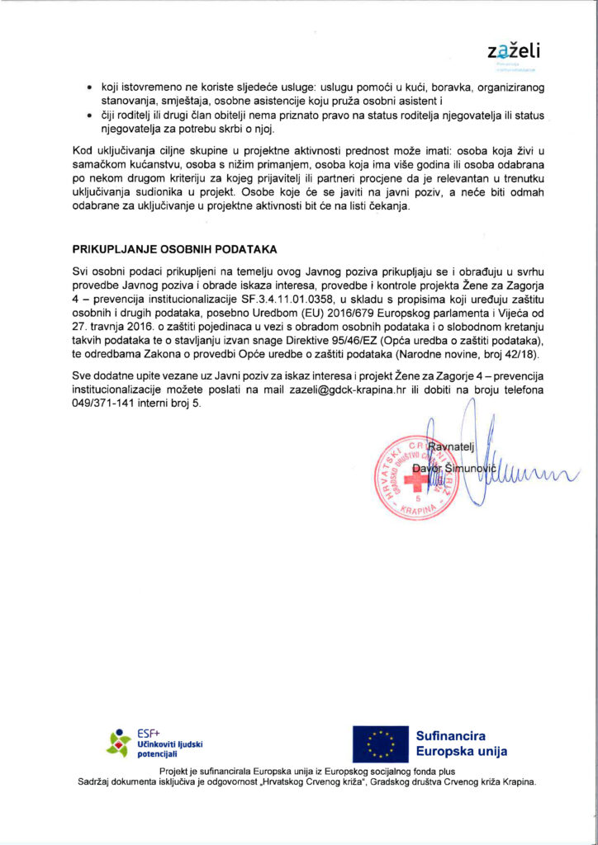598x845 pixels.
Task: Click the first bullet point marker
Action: point(90,87)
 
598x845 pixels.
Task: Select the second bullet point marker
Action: point(90,116)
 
